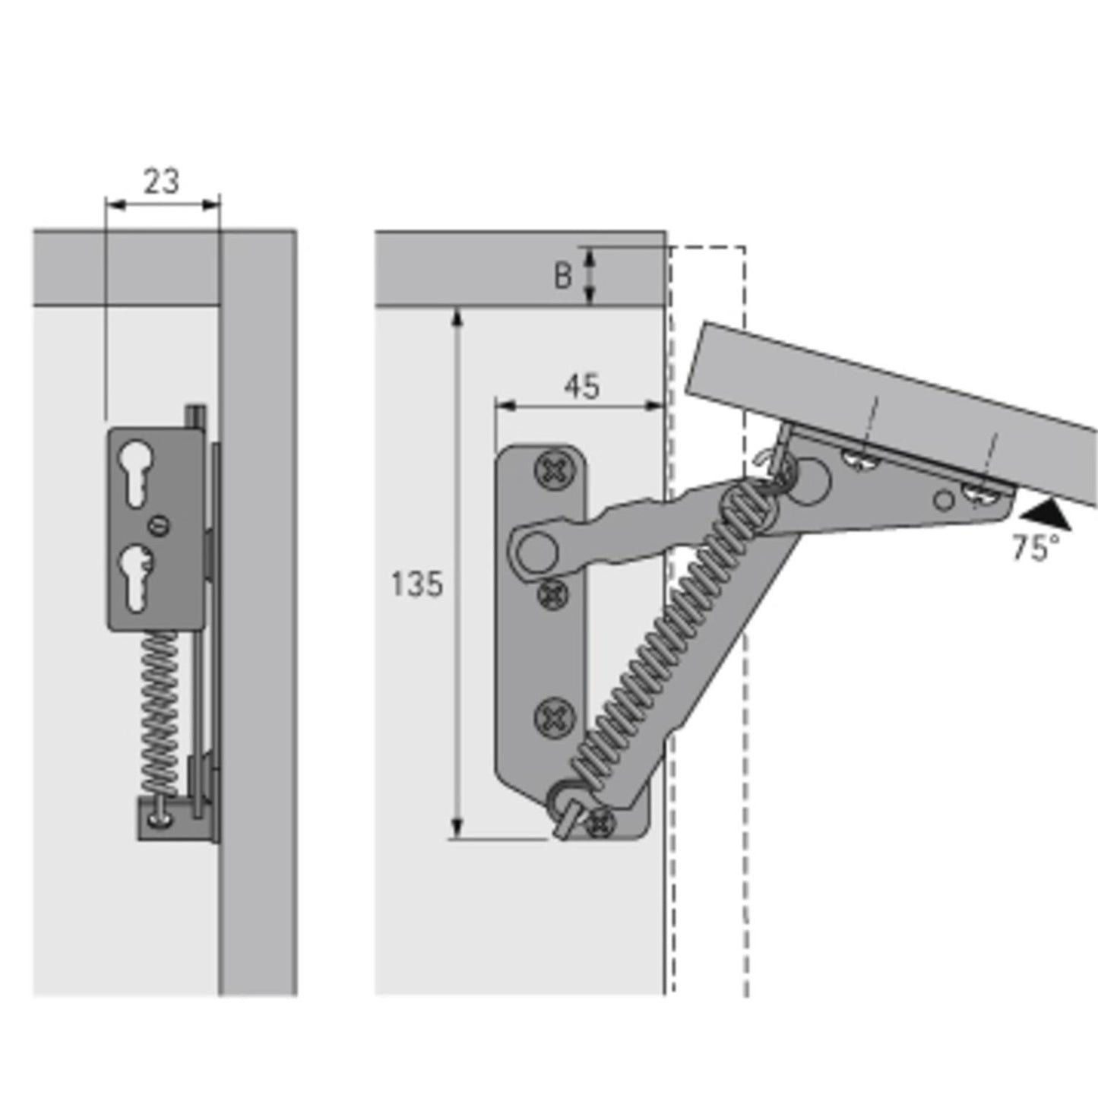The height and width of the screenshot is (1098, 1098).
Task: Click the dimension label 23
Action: [161, 182]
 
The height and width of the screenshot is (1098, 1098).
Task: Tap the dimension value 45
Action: [581, 387]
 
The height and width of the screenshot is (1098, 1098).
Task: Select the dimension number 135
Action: [416, 584]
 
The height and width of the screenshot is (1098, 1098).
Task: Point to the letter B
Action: [562, 276]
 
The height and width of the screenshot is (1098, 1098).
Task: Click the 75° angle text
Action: [1035, 547]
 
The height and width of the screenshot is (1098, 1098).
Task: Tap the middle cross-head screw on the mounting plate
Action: [552, 593]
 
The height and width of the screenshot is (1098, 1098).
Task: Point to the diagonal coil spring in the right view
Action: [661, 646]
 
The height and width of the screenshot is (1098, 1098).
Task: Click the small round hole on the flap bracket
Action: [944, 500]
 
